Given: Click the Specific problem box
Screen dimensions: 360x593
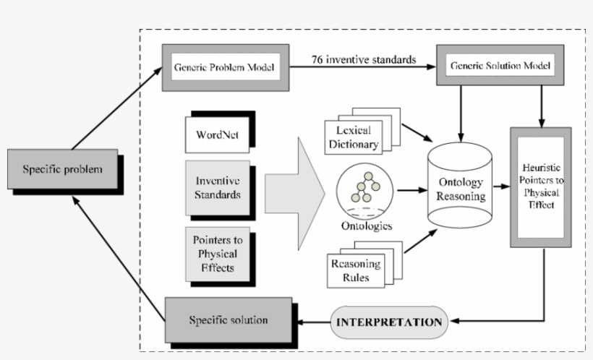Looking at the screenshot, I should [x=62, y=170].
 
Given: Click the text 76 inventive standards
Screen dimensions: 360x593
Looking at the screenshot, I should [x=364, y=59].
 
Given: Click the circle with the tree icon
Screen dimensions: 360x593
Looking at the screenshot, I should [x=364, y=191].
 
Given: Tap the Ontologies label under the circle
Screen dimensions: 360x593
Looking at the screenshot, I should [x=367, y=226].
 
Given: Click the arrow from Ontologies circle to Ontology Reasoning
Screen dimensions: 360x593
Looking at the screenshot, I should [x=410, y=191].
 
